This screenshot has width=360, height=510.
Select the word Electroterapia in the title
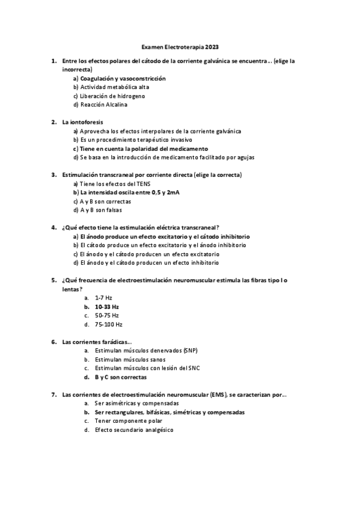[x=183, y=46]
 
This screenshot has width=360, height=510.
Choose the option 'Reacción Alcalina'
[x=103, y=105]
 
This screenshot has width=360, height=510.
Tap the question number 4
[x=54, y=228]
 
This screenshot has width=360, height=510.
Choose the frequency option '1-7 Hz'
[x=103, y=298]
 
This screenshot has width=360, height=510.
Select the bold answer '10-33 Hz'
[x=106, y=307]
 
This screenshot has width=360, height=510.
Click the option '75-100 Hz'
[x=108, y=324]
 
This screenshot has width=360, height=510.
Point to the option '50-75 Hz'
[x=106, y=315]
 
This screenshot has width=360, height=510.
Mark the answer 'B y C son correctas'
[x=120, y=377]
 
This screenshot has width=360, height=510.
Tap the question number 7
[x=54, y=395]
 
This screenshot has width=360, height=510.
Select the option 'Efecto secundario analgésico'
[x=133, y=430]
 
